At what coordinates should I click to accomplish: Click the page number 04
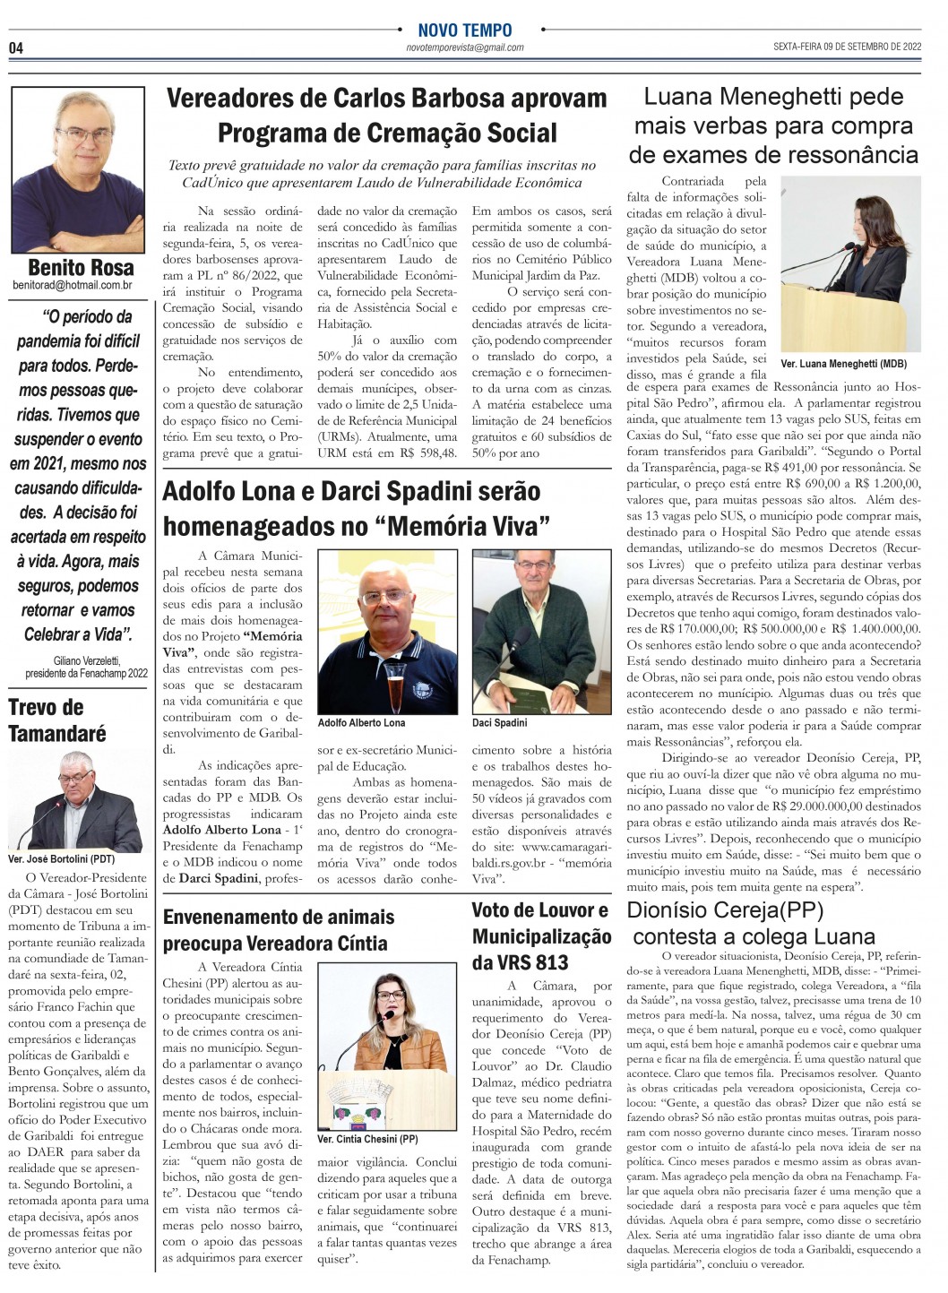tap(16, 47)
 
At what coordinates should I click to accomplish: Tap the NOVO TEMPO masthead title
tap(465, 30)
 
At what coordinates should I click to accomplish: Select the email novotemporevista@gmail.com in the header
tap(465, 47)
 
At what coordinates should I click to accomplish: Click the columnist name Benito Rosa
tap(81, 267)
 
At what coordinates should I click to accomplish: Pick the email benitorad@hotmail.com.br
tap(73, 286)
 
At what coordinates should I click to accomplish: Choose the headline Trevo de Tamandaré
tap(57, 720)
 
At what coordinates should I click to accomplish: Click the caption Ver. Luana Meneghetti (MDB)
tap(843, 364)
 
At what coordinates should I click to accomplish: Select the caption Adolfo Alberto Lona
tap(361, 722)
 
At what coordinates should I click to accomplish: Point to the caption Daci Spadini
tap(500, 722)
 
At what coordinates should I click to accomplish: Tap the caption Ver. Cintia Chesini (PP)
tap(367, 1139)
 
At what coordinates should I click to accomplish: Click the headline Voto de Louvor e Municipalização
tap(541, 936)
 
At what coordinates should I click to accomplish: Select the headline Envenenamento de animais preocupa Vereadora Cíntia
tap(278, 929)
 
